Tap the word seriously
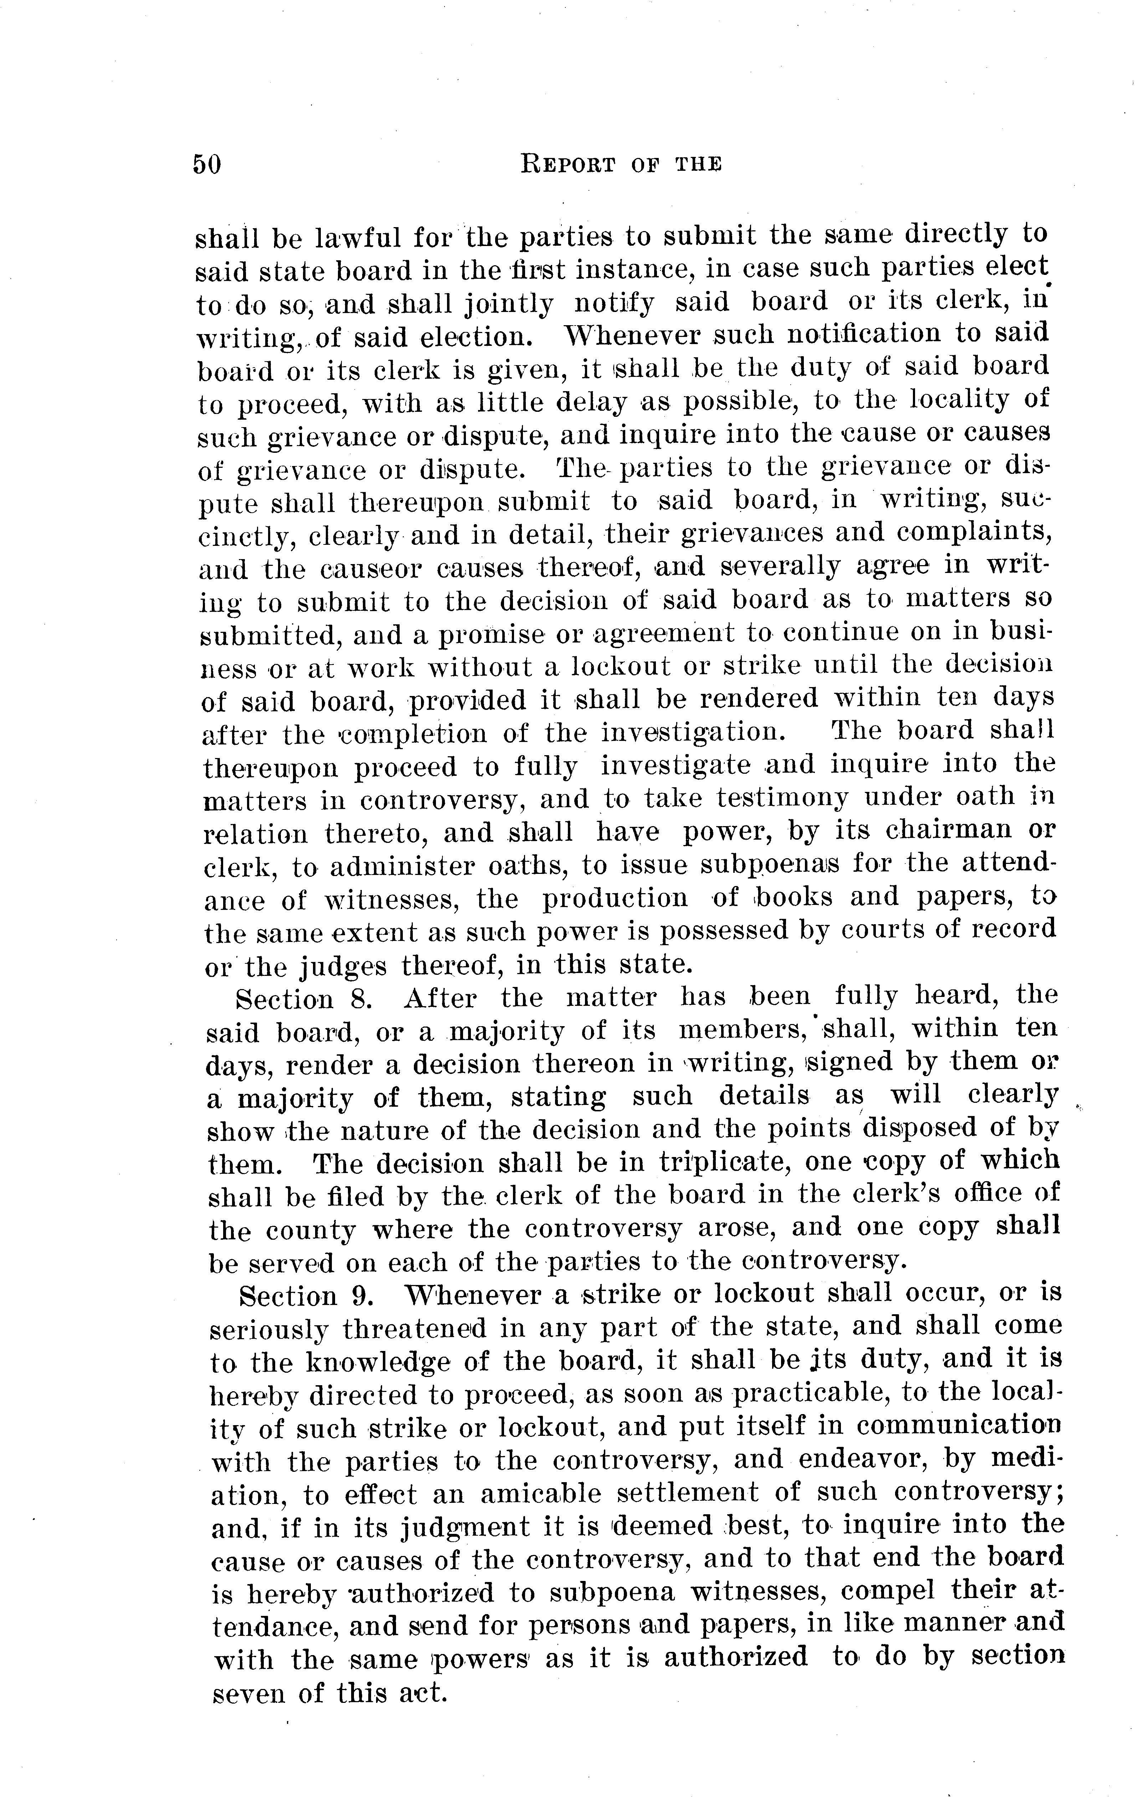pyautogui.click(x=269, y=1330)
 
